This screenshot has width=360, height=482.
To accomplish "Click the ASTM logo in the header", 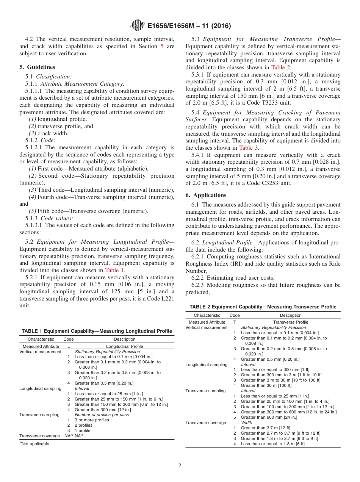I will coord(138,26).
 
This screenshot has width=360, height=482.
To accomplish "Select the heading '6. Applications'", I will coord(206,195).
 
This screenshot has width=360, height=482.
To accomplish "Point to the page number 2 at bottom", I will coord(180,466).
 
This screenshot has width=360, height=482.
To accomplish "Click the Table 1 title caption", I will coord(97,331).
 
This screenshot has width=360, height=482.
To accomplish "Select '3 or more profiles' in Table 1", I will coord(92,420).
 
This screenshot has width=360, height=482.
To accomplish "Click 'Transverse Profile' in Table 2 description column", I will coord(291,322).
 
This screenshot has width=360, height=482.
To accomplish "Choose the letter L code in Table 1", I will coord(68,346).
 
